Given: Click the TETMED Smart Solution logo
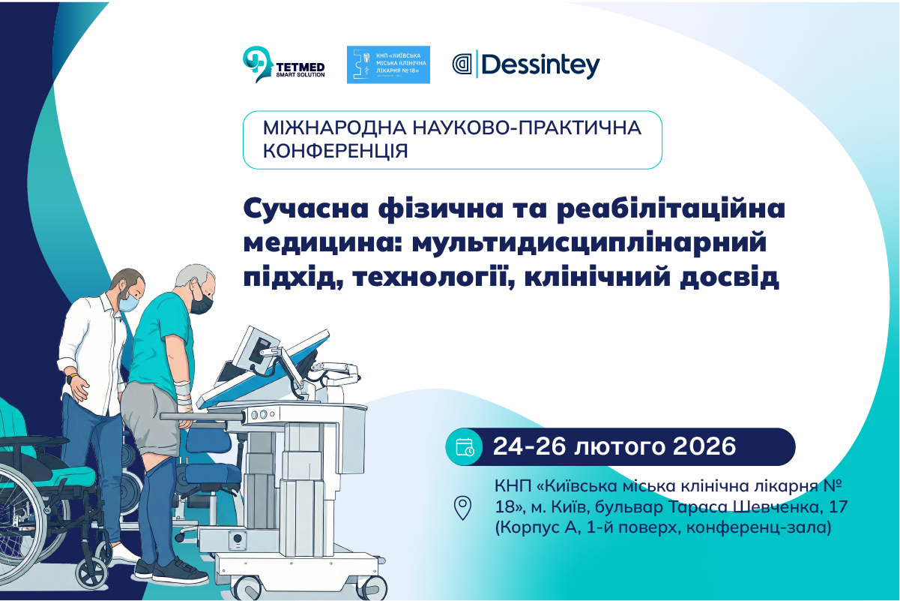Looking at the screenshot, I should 283,65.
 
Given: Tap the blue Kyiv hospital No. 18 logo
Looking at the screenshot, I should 388,65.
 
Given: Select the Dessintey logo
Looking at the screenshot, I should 526,65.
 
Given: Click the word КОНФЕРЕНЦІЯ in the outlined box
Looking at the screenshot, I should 336,151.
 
